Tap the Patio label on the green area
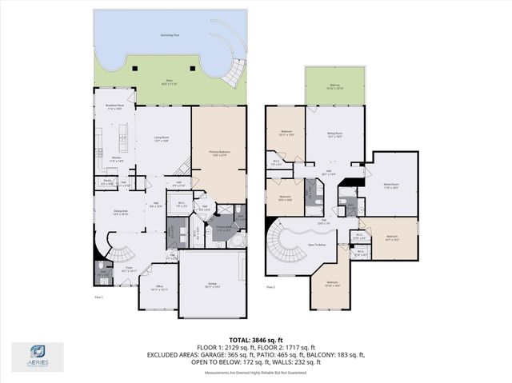click(x=170, y=81)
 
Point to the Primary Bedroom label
click(x=219, y=153)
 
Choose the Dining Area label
click(x=122, y=213)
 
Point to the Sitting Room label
click(x=334, y=135)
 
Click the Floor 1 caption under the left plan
click(x=98, y=297)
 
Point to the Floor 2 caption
click(x=270, y=286)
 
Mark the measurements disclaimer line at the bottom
click(x=257, y=373)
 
